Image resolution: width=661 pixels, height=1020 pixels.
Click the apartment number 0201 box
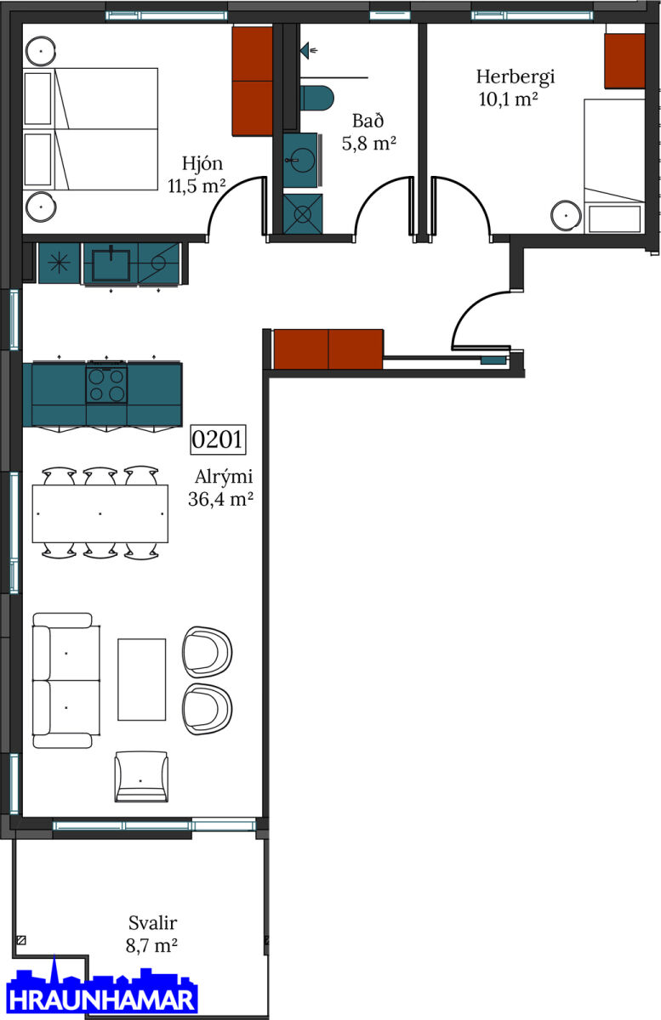pyautogui.click(x=218, y=439)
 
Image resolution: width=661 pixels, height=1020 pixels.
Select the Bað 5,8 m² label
pyautogui.click(x=369, y=132)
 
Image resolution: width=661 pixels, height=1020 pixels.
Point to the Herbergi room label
pyautogui.click(x=516, y=88)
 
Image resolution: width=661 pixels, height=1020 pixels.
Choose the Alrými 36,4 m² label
pyautogui.click(x=220, y=488)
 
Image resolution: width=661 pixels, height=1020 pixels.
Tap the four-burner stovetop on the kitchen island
pyautogui.click(x=106, y=385)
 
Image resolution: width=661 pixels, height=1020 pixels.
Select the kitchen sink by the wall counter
pyautogui.click(x=111, y=264)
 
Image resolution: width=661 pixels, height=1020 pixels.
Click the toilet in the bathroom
pyautogui.click(x=316, y=98)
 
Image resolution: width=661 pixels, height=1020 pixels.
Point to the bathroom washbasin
pyautogui.click(x=300, y=160)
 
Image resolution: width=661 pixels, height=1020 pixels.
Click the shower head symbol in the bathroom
pyautogui.click(x=308, y=50)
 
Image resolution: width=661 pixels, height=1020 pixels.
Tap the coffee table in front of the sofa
pyautogui.click(x=142, y=679)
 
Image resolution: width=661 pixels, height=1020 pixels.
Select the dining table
pyautogui.click(x=100, y=513)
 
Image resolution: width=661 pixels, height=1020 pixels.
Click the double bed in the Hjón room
pyautogui.click(x=91, y=129)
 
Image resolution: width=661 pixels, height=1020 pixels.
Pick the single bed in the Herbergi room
pyautogui.click(x=614, y=166)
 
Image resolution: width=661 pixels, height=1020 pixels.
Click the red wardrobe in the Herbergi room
pyautogui.click(x=624, y=60)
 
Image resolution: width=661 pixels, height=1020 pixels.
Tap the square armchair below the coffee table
pyautogui.click(x=141, y=776)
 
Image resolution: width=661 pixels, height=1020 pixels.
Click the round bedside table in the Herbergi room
pyautogui.click(x=566, y=215)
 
